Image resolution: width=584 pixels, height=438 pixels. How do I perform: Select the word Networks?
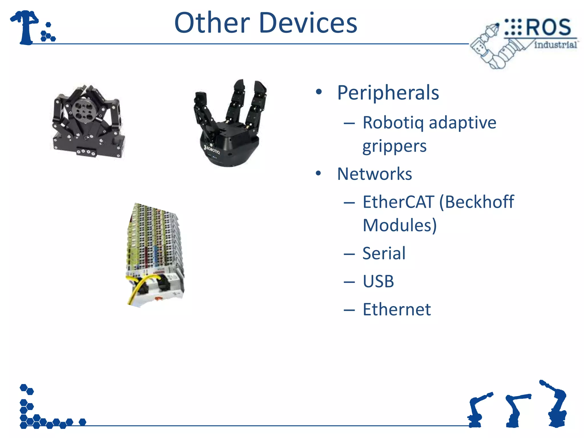374,174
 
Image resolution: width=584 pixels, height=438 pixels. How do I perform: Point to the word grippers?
394,147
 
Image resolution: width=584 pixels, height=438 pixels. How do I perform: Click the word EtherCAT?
398,202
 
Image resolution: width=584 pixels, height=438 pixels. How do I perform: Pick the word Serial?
384,253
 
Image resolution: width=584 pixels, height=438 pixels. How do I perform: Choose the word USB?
378,281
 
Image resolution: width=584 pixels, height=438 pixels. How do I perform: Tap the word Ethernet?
397,309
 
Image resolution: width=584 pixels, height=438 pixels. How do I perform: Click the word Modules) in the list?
400,226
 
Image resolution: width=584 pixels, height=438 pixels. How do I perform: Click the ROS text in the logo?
548,27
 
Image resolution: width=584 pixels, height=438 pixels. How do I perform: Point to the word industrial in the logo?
555,45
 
